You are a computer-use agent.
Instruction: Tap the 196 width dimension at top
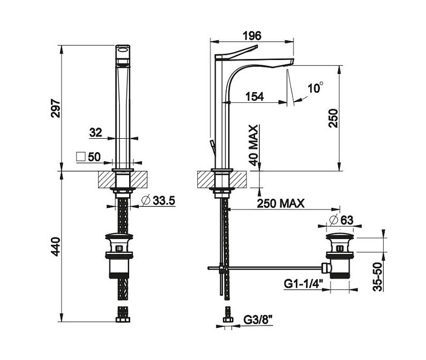tap(252, 36)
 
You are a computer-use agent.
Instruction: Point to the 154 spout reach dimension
tap(255, 96)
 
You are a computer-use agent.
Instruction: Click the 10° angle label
tap(315, 87)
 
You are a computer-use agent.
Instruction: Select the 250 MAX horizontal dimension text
tap(280, 203)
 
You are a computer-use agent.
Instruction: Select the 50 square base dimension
tap(95, 157)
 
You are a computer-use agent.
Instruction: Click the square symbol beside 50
tap(81, 157)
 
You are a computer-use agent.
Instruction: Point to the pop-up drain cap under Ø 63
tap(340, 236)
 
